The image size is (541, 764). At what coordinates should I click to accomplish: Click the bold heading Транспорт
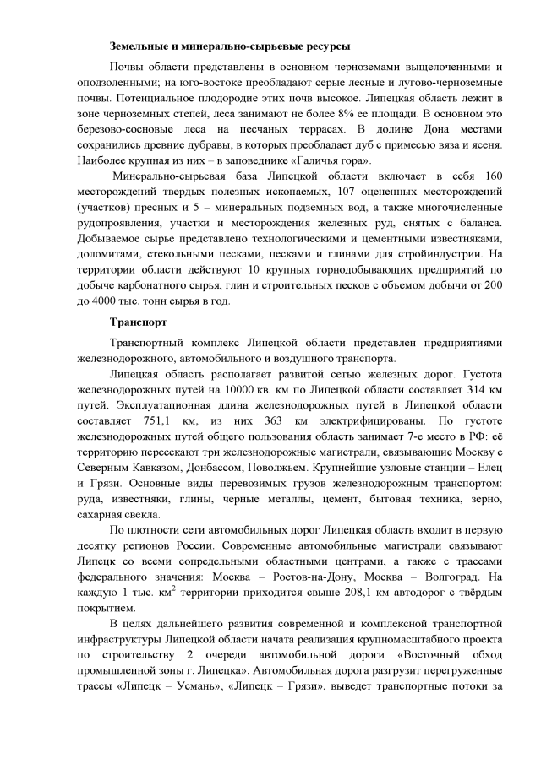coord(139,322)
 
